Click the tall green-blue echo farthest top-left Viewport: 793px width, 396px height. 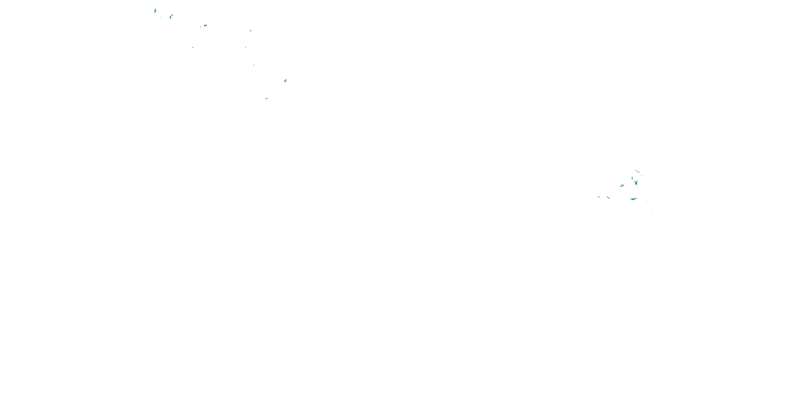pyautogui.click(x=155, y=11)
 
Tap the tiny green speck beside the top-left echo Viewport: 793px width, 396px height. pyautogui.click(x=160, y=18)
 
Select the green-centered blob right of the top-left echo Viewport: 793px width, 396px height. pyautogui.click(x=170, y=17)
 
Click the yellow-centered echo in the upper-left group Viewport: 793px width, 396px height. pyautogui.click(x=205, y=25)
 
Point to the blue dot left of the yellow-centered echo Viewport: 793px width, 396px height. pyautogui.click(x=201, y=27)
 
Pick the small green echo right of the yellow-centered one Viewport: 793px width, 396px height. pyautogui.click(x=251, y=30)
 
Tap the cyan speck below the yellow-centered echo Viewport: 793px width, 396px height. pyautogui.click(x=193, y=47)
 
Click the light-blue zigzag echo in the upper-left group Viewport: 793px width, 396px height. pyautogui.click(x=285, y=81)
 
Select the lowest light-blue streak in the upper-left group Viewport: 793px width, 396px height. pyautogui.click(x=267, y=98)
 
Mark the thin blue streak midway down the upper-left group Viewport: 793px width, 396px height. pyautogui.click(x=254, y=65)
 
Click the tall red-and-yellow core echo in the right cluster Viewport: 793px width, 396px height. pyautogui.click(x=636, y=183)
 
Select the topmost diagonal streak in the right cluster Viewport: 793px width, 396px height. pyautogui.click(x=637, y=172)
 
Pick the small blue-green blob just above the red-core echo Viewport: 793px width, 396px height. pyautogui.click(x=632, y=178)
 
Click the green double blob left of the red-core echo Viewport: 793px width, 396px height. pyautogui.click(x=622, y=186)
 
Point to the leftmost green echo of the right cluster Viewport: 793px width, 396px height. pyautogui.click(x=598, y=197)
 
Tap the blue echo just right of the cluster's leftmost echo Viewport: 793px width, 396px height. pyautogui.click(x=608, y=197)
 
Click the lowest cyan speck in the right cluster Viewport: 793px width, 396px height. pyautogui.click(x=651, y=213)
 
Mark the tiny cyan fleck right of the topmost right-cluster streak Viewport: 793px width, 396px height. pyautogui.click(x=642, y=175)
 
